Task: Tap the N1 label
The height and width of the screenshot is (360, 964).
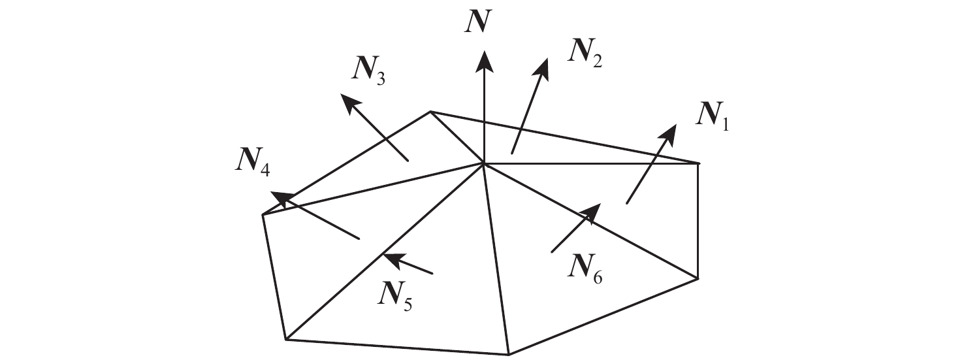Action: [x=713, y=118]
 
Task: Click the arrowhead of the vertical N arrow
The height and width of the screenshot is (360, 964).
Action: [x=483, y=59]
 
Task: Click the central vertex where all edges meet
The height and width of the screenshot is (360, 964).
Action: [x=483, y=163]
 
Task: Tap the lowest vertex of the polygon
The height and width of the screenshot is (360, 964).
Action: [x=509, y=355]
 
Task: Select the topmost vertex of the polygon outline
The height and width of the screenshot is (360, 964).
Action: [x=430, y=112]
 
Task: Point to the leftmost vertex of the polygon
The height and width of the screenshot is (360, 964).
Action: [x=263, y=214]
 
